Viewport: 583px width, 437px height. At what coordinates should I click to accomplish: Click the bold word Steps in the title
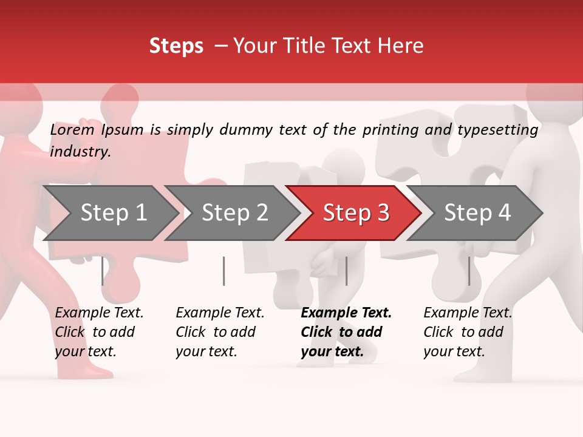pos(176,46)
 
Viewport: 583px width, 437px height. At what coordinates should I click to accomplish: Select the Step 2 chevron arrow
pos(234,213)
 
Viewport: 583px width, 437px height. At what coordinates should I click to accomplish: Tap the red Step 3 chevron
pos(356,213)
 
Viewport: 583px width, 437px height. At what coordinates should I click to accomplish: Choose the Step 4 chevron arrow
pos(477,213)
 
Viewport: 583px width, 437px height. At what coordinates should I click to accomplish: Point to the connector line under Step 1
pos(102,271)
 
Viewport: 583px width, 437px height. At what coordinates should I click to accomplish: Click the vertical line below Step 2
pos(223,271)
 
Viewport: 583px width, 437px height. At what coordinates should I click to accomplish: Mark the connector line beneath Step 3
pos(346,271)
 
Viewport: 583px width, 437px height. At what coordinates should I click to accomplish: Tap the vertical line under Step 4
pos(469,271)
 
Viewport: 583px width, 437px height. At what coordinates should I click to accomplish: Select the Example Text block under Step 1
pos(99,332)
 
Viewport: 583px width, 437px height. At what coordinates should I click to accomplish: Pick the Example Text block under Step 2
pos(220,332)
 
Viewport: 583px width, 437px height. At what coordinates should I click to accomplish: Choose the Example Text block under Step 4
pos(468,332)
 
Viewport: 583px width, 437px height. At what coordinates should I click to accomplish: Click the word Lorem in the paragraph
pos(72,130)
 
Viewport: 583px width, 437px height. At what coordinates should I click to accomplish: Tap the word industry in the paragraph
pos(80,152)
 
